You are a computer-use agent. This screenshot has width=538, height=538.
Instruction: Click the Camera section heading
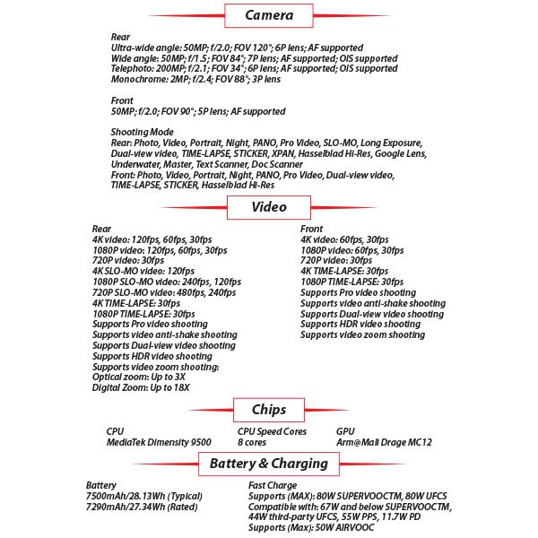(269, 15)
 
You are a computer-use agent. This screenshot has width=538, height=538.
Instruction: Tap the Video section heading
(269, 207)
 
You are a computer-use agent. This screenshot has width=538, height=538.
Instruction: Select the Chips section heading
(269, 410)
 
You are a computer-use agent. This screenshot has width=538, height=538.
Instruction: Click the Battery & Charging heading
(268, 464)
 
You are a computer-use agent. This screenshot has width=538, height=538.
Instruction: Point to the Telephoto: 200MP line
(254, 69)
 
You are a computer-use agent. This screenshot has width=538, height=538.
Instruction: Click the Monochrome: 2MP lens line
(195, 80)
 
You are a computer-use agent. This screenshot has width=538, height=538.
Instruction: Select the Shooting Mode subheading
(143, 132)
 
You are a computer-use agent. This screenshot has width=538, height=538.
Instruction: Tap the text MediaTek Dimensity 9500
(158, 442)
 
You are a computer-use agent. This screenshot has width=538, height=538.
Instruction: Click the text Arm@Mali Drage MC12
(383, 442)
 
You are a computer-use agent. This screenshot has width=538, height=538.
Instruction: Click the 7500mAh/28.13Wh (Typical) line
(144, 496)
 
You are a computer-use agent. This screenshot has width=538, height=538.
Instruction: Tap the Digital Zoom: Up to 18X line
(140, 388)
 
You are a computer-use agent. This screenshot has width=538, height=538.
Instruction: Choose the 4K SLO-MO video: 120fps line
(143, 271)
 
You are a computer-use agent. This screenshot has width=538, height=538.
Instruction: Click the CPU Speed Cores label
(272, 431)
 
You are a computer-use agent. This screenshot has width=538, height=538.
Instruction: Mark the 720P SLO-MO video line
(164, 292)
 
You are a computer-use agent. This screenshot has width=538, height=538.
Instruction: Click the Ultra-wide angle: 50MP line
(237, 48)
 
